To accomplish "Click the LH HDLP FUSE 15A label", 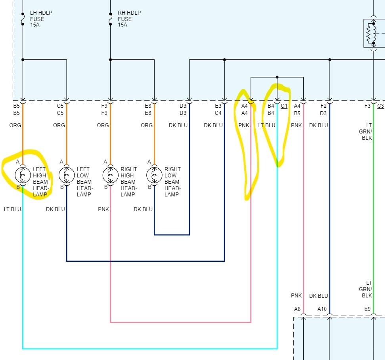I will click(x=41, y=19).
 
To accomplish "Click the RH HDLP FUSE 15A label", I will click(x=129, y=19).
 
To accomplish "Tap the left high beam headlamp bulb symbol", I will click(x=23, y=174).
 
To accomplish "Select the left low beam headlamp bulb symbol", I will click(x=66, y=174).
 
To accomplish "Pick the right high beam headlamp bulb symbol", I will click(x=110, y=174).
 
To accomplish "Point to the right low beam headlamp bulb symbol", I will click(x=154, y=174).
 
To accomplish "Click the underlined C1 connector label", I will click(x=284, y=106).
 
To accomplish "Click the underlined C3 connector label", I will click(x=380, y=106).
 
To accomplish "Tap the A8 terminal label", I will click(x=297, y=309).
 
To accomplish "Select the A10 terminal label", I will click(x=322, y=309).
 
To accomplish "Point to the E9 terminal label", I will click(x=367, y=309).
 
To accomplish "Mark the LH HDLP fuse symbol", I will click(x=23, y=19).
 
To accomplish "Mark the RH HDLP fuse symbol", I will click(x=110, y=19).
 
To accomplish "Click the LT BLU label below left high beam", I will click(x=12, y=209).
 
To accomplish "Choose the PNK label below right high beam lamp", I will click(x=103, y=209).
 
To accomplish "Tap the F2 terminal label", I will click(x=323, y=106).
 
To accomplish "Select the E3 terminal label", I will click(x=218, y=106).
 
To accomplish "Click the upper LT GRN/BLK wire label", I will click(x=367, y=131).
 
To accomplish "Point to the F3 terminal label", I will click(x=367, y=106).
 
